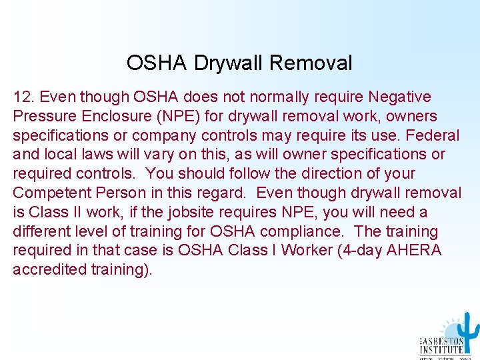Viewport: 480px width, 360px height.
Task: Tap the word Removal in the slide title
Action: click(x=311, y=63)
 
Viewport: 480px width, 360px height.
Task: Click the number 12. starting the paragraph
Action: click(x=22, y=97)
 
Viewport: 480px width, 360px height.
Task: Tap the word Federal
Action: click(x=433, y=136)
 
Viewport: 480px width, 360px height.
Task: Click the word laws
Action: click(x=99, y=155)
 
